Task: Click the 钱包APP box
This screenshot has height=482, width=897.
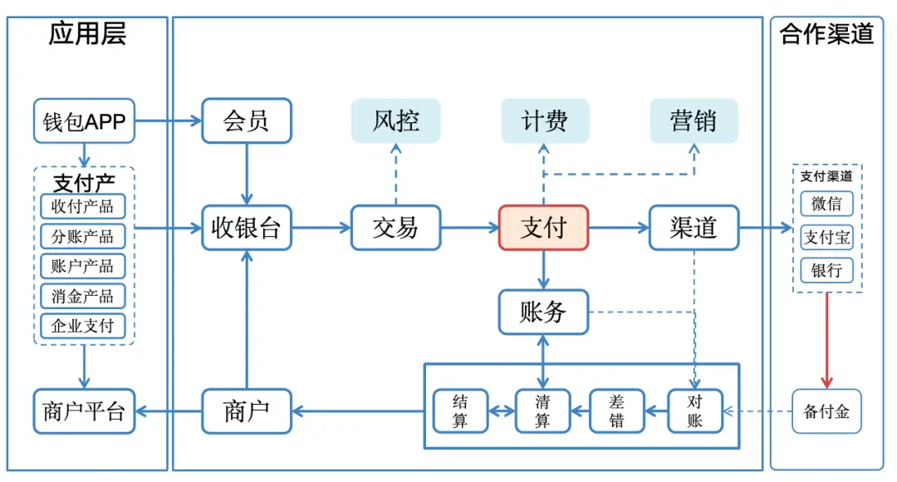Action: click(x=84, y=122)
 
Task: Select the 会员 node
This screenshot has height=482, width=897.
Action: click(x=247, y=121)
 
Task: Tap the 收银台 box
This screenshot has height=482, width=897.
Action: click(x=247, y=228)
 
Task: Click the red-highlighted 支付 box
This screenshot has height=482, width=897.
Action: click(x=543, y=228)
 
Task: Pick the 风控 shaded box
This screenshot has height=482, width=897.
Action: click(x=395, y=121)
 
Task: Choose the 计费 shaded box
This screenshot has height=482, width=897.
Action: click(x=544, y=121)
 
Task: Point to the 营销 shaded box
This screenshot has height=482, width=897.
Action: click(x=694, y=121)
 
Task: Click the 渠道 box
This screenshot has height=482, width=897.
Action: click(x=694, y=228)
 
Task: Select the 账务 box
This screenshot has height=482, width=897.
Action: click(x=543, y=312)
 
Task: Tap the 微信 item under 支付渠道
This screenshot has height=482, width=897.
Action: click(x=826, y=204)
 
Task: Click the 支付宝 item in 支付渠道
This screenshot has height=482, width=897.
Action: click(x=826, y=238)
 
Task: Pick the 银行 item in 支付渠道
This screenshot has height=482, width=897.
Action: click(x=826, y=271)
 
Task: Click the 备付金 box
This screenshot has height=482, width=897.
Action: click(x=826, y=411)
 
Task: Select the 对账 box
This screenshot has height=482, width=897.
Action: click(x=695, y=411)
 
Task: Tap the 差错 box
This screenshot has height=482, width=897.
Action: click(x=617, y=411)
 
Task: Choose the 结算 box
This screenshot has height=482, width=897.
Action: click(x=460, y=411)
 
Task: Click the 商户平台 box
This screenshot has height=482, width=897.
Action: click(x=84, y=411)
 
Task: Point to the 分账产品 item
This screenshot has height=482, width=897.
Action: click(x=83, y=237)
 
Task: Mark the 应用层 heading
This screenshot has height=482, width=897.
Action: click(x=87, y=34)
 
